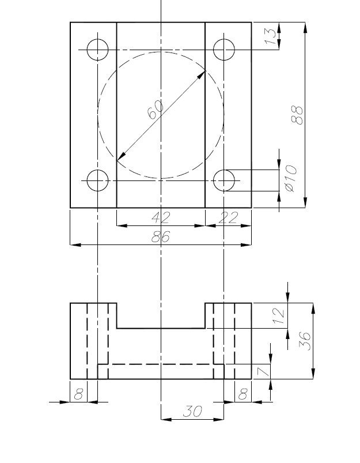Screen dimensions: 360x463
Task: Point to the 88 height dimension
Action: [297, 115]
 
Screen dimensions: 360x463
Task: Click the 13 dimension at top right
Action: [271, 36]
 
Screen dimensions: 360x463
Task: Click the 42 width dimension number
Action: [161, 217]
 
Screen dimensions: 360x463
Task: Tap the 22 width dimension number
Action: [228, 217]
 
